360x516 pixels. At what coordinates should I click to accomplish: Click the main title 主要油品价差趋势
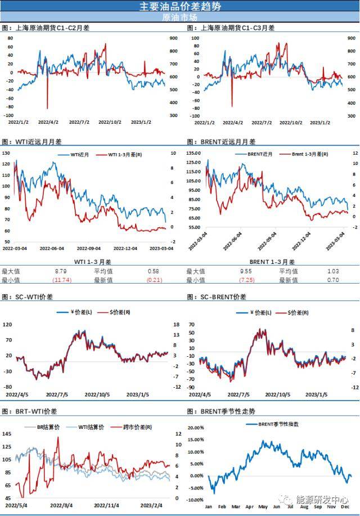click(180, 6)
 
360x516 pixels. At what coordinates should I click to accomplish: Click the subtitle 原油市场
click(180, 17)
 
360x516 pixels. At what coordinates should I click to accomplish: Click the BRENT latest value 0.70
click(332, 280)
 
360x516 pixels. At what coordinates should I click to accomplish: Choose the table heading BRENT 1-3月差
click(277, 262)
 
